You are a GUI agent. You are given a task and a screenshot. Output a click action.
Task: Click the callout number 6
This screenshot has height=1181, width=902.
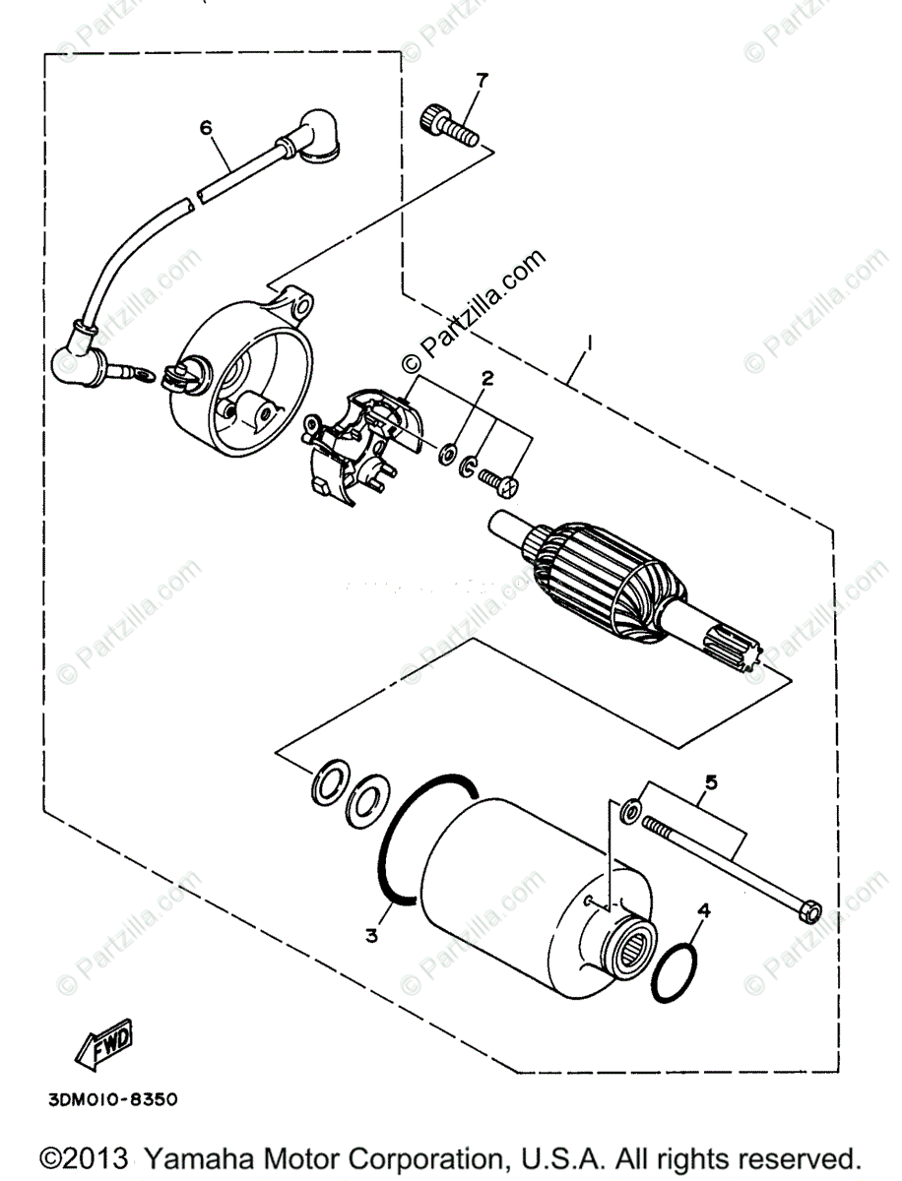click(x=206, y=127)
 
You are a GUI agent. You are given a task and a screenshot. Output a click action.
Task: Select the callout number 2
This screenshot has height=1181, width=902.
click(x=486, y=377)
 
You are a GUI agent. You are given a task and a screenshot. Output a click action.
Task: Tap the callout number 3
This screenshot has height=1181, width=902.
click(x=371, y=936)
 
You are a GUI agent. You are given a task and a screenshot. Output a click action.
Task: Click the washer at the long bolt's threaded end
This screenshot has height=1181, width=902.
click(x=631, y=811)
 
